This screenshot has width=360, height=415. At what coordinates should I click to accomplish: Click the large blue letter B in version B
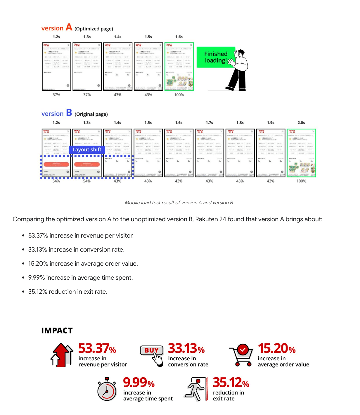[69, 113]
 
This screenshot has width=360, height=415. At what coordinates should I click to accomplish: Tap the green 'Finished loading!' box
[216, 57]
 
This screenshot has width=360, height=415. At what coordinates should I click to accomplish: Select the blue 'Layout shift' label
[87, 150]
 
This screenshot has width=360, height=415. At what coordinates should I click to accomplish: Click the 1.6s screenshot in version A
[179, 67]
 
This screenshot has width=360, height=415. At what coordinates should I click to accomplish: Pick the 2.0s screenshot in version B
[301, 153]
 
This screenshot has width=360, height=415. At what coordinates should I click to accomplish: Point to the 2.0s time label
[301, 123]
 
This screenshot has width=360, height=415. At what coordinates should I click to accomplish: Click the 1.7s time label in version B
[209, 123]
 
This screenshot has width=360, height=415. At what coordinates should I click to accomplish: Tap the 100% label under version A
[179, 95]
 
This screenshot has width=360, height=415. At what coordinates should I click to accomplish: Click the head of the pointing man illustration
[241, 53]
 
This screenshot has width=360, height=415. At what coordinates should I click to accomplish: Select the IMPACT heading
[57, 331]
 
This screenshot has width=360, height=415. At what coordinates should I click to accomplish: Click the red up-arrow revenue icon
[62, 355]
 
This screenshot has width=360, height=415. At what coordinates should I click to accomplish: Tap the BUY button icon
[152, 350]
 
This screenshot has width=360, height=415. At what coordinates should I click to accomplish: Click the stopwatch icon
[107, 390]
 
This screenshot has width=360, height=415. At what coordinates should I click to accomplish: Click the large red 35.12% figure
[231, 383]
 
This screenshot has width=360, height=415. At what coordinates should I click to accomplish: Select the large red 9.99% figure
[139, 383]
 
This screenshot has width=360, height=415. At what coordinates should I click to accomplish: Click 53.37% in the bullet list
[39, 236]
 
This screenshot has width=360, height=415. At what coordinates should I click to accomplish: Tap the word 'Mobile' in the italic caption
[132, 203]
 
